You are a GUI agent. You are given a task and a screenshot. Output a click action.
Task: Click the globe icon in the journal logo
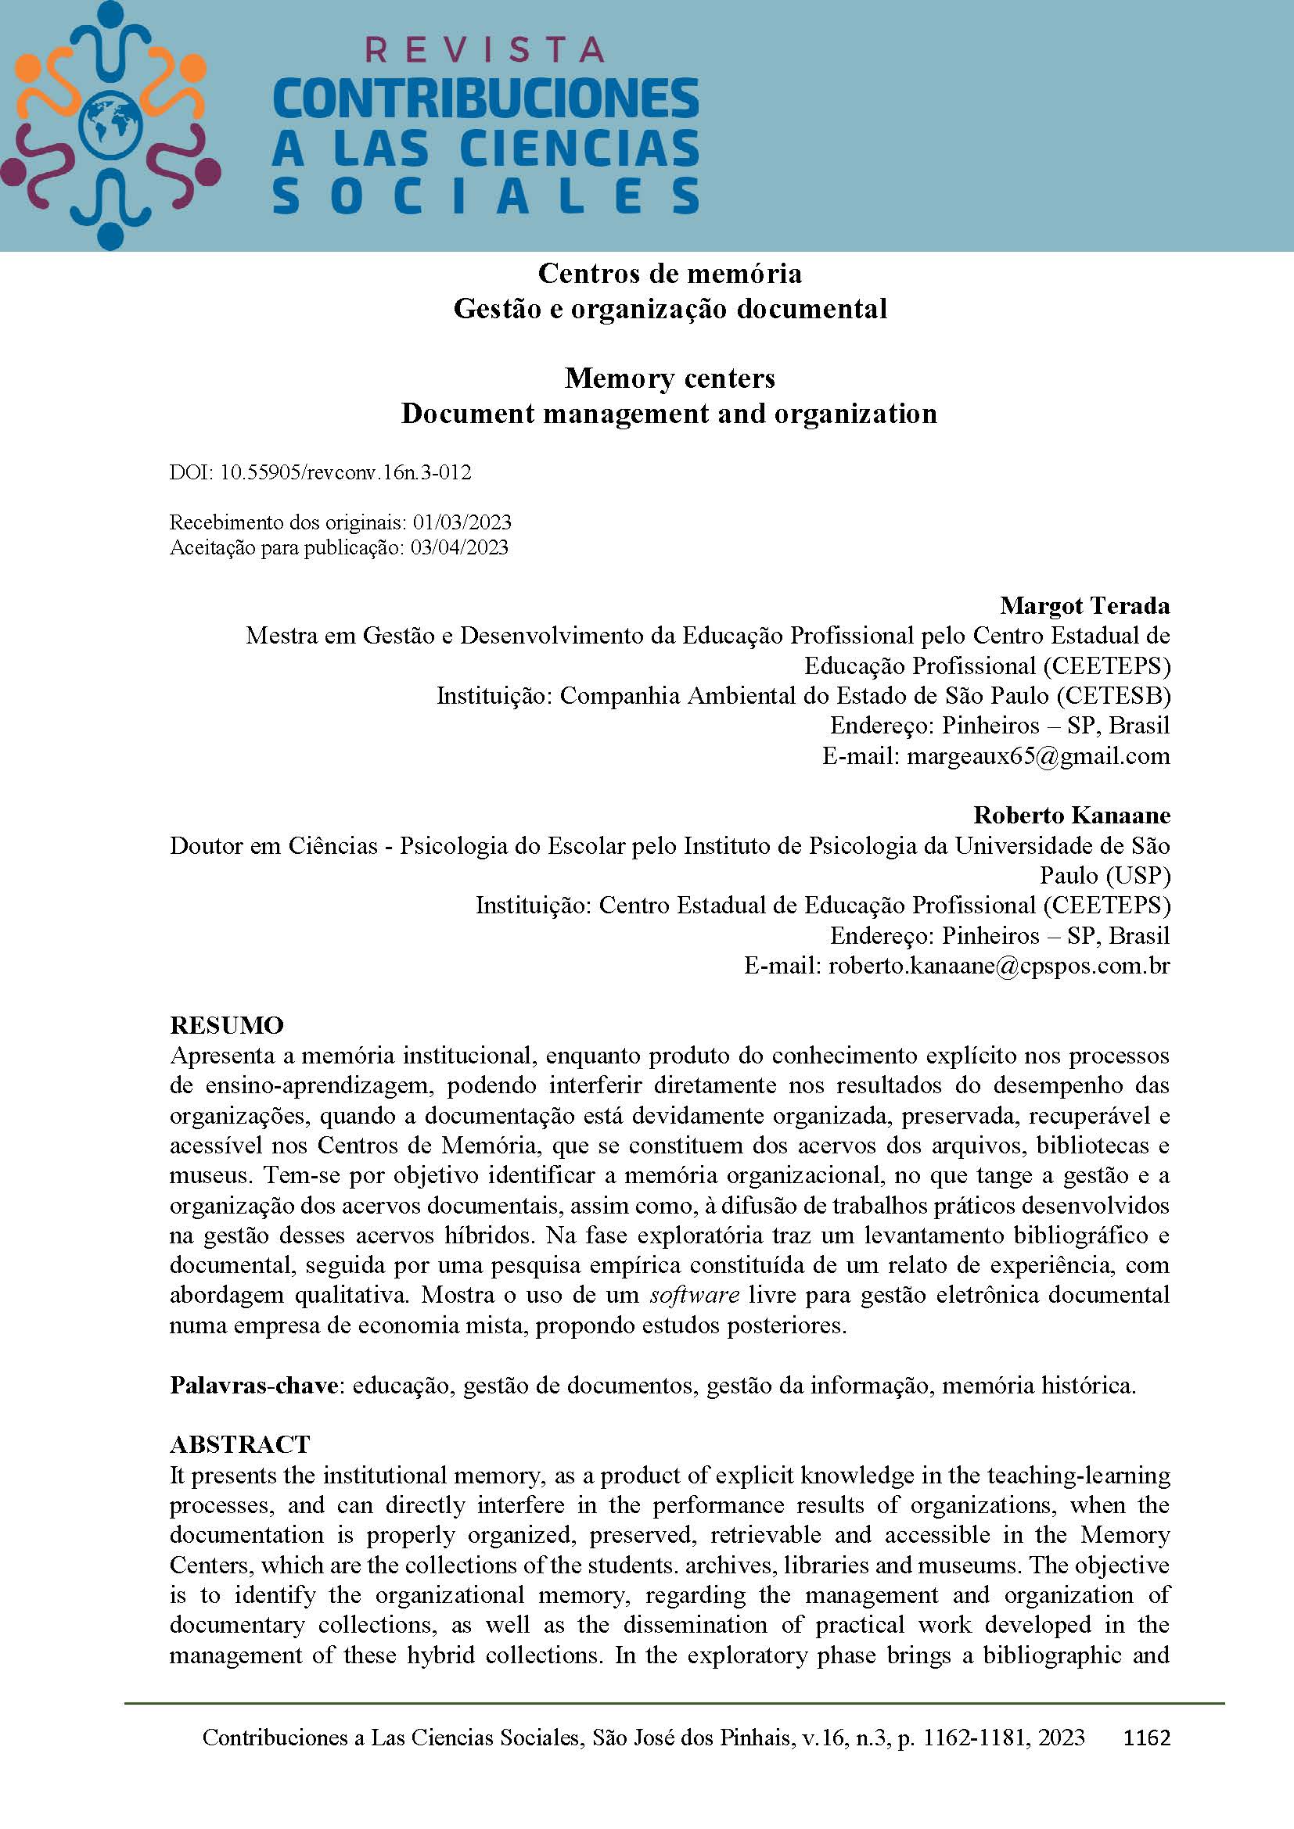click(x=111, y=125)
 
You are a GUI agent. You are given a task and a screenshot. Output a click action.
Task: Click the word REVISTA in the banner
click(x=484, y=50)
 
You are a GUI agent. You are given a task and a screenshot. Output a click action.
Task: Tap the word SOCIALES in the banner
click(x=485, y=196)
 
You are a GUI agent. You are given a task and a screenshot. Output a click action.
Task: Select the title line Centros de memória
click(x=670, y=273)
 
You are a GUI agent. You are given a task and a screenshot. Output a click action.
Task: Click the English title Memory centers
click(x=670, y=378)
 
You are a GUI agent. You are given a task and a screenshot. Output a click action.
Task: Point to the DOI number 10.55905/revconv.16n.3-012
click(x=345, y=472)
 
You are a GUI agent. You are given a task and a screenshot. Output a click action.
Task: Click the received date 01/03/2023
click(x=462, y=522)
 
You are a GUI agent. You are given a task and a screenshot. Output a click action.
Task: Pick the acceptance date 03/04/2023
click(x=459, y=547)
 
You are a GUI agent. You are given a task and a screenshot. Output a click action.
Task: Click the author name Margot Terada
click(x=1084, y=605)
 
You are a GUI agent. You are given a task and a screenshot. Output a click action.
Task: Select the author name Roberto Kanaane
click(x=1071, y=815)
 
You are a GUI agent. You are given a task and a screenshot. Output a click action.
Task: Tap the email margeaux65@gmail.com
click(x=1037, y=755)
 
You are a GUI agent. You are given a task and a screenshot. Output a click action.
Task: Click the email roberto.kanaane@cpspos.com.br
click(x=998, y=966)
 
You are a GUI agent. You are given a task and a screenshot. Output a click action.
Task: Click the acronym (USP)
click(x=1136, y=876)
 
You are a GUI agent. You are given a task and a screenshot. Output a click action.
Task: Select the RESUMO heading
click(x=227, y=1025)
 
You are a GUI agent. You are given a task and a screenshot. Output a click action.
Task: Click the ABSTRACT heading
click(x=240, y=1444)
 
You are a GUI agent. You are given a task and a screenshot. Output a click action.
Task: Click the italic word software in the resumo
click(x=694, y=1294)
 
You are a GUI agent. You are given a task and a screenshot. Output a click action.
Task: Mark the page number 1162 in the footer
click(x=1146, y=1738)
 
